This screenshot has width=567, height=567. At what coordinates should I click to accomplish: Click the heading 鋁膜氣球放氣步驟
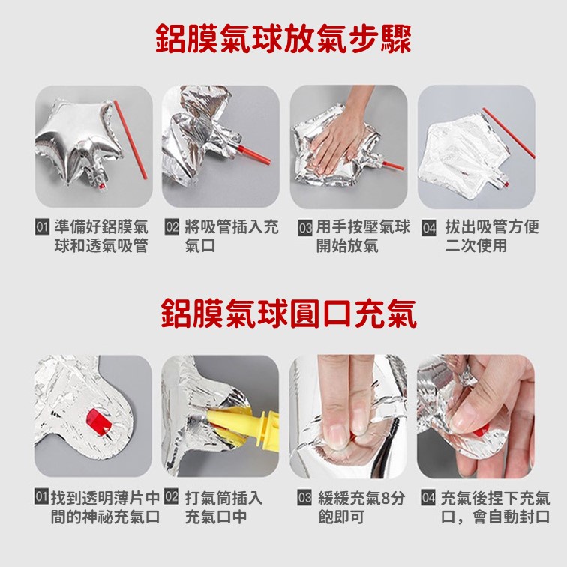283,40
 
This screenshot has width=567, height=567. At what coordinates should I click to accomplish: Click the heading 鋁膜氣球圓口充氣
289,313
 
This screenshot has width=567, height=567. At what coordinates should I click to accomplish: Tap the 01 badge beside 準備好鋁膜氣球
42,227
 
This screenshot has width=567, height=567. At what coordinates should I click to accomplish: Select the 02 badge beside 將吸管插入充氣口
172,227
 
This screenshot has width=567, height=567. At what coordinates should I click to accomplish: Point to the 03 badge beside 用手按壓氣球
305,228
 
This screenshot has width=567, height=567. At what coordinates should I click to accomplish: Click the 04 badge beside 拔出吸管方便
429,228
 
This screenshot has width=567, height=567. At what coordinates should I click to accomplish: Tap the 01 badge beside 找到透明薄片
41,496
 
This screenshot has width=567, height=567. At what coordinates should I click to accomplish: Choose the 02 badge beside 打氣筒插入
171,496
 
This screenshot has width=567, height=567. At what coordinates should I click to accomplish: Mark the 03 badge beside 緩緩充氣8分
304,497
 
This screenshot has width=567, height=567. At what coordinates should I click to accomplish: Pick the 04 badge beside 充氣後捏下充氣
428,497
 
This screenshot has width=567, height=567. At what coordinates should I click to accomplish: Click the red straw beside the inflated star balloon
130,139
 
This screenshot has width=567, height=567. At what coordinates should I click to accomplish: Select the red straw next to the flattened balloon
508,133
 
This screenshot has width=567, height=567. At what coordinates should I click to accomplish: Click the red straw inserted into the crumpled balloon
253,154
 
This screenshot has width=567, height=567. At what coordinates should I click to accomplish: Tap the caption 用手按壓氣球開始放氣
363,236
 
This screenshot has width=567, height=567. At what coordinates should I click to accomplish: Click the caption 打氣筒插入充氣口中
223,507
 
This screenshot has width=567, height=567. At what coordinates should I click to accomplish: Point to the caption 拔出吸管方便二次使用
492,236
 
